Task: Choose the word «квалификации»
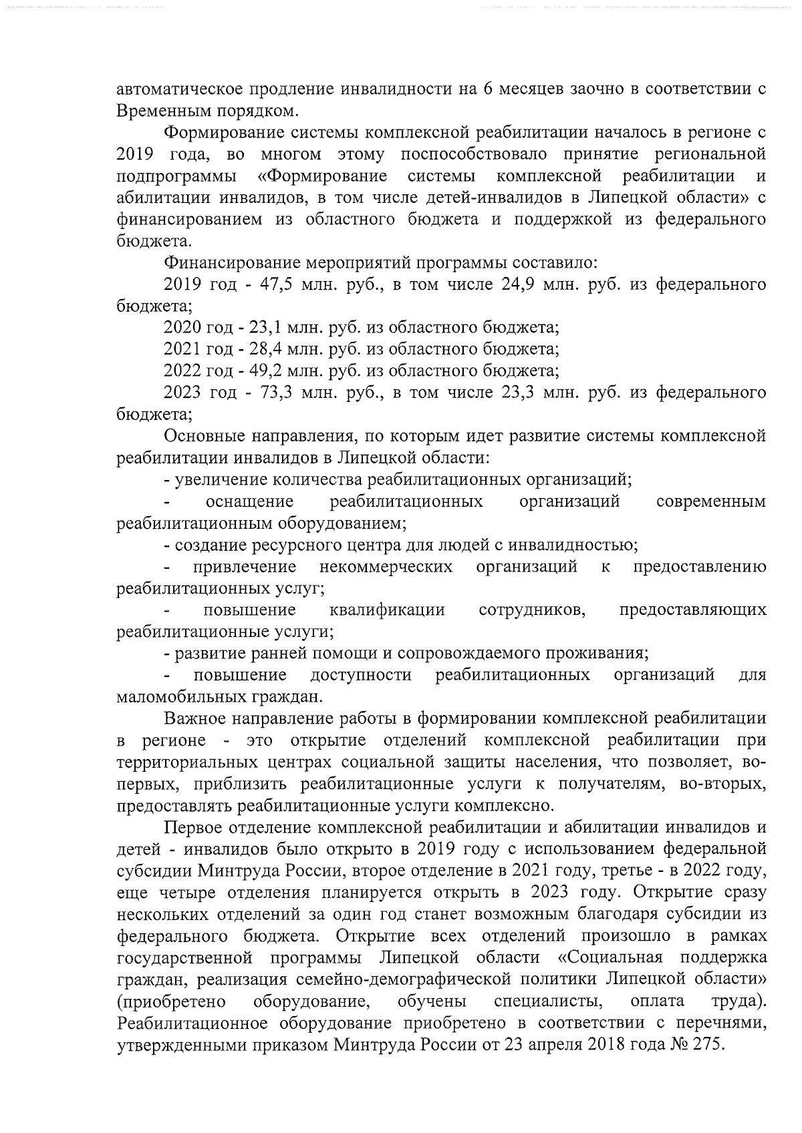pyautogui.click(x=387, y=610)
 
